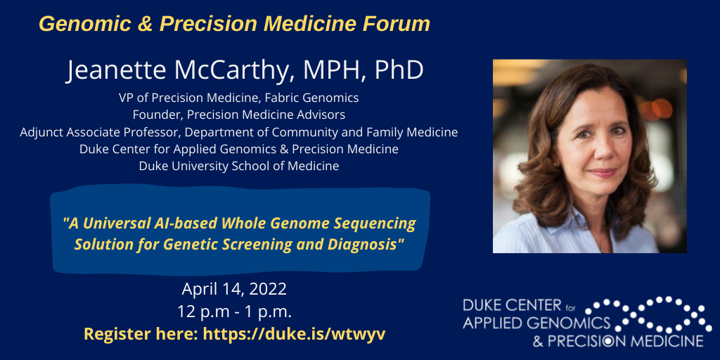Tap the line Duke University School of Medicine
click(239, 167)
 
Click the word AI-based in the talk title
click(185, 224)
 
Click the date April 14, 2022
click(234, 289)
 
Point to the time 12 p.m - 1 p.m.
click(234, 311)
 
